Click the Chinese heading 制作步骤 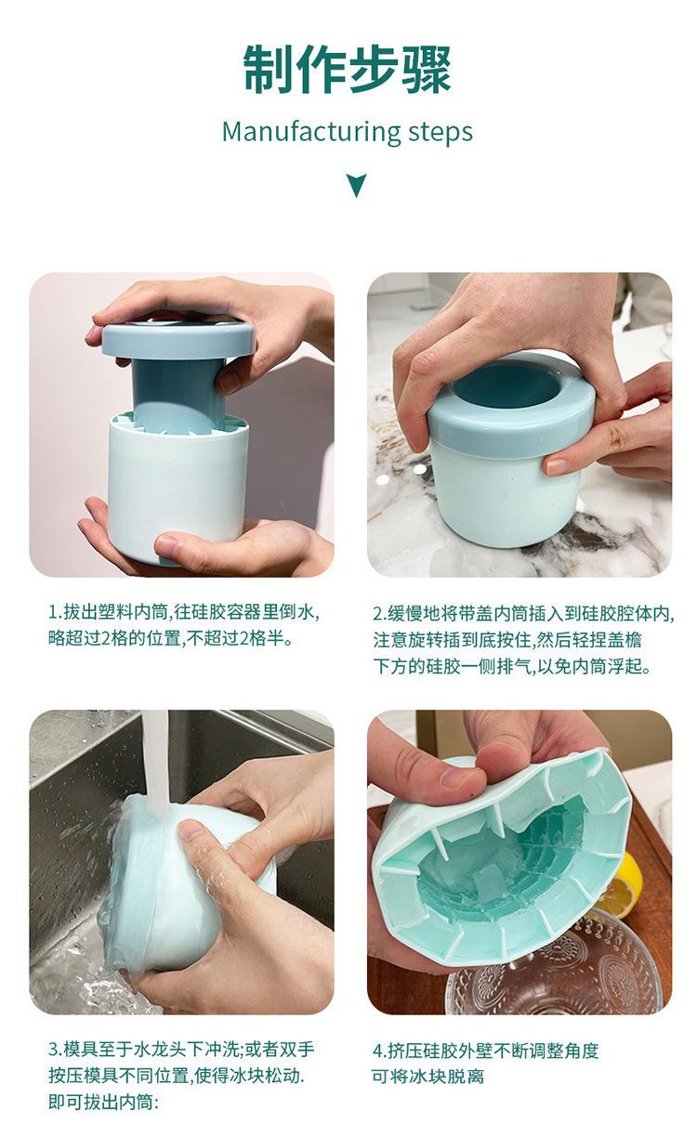348,70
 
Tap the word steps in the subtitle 441,133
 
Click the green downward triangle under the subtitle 357,186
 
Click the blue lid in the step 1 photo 178,339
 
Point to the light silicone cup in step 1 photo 178,487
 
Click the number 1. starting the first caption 56,612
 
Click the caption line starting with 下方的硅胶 512,666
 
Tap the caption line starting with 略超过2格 171,638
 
